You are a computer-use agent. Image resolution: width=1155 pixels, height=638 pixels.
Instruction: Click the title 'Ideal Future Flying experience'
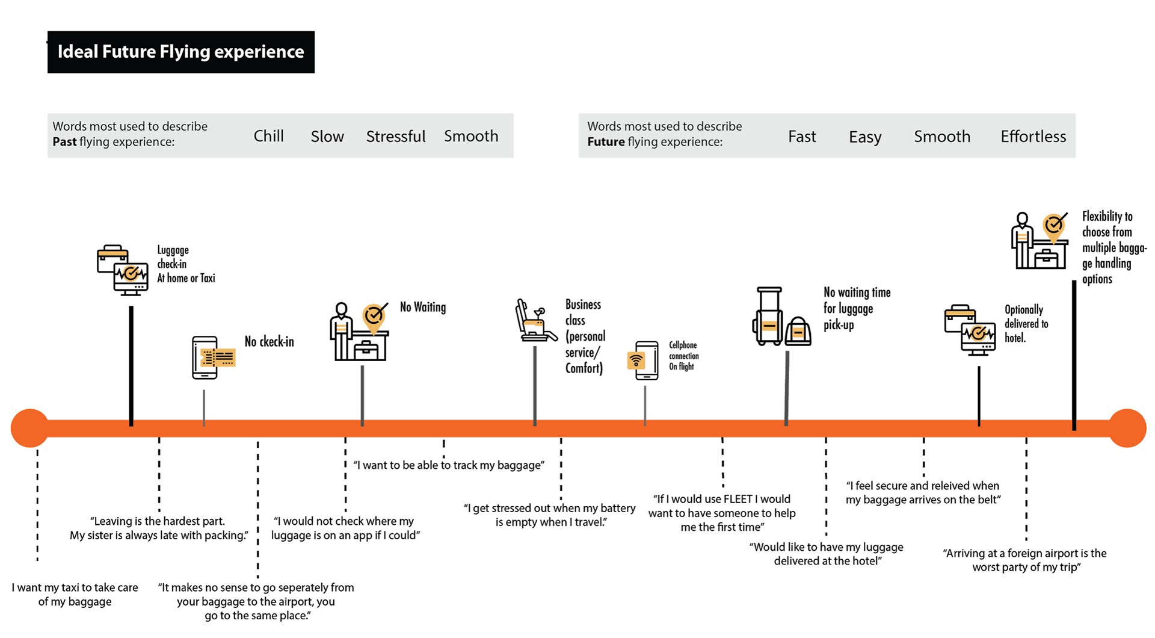tap(180, 52)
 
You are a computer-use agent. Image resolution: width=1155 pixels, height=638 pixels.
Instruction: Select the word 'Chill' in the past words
tap(268, 136)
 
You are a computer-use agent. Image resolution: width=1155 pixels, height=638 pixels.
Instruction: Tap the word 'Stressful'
tap(396, 137)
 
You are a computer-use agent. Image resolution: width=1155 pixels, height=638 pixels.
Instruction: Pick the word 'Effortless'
tap(1033, 137)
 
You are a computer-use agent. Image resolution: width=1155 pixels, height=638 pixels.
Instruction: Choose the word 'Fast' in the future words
tap(802, 137)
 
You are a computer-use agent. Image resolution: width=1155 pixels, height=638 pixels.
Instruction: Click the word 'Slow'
tap(327, 137)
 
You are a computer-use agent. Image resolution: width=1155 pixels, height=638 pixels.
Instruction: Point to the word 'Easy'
tap(865, 137)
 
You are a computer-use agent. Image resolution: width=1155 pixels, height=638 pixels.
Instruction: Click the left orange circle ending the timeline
tap(29, 428)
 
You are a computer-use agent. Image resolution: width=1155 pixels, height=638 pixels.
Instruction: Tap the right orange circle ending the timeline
tap(1127, 428)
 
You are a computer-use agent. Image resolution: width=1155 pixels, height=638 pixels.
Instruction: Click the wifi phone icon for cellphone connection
tap(643, 360)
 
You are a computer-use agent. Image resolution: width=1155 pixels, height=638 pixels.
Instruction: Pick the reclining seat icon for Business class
tap(535, 321)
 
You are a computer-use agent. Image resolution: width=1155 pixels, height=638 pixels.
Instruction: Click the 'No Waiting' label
tap(423, 307)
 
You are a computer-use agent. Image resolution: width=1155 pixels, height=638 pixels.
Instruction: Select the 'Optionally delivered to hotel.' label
tap(1026, 324)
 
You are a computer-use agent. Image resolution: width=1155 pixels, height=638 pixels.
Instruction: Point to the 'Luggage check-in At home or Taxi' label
tap(186, 264)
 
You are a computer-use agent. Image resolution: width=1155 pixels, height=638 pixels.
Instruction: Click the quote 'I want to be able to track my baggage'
tap(449, 465)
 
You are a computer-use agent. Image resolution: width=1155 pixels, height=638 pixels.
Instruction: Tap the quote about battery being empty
tap(550, 515)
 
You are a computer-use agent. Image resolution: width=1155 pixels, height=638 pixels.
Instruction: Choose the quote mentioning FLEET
tap(722, 513)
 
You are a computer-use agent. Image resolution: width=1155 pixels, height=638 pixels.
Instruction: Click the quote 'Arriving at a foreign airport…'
tap(1025, 560)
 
